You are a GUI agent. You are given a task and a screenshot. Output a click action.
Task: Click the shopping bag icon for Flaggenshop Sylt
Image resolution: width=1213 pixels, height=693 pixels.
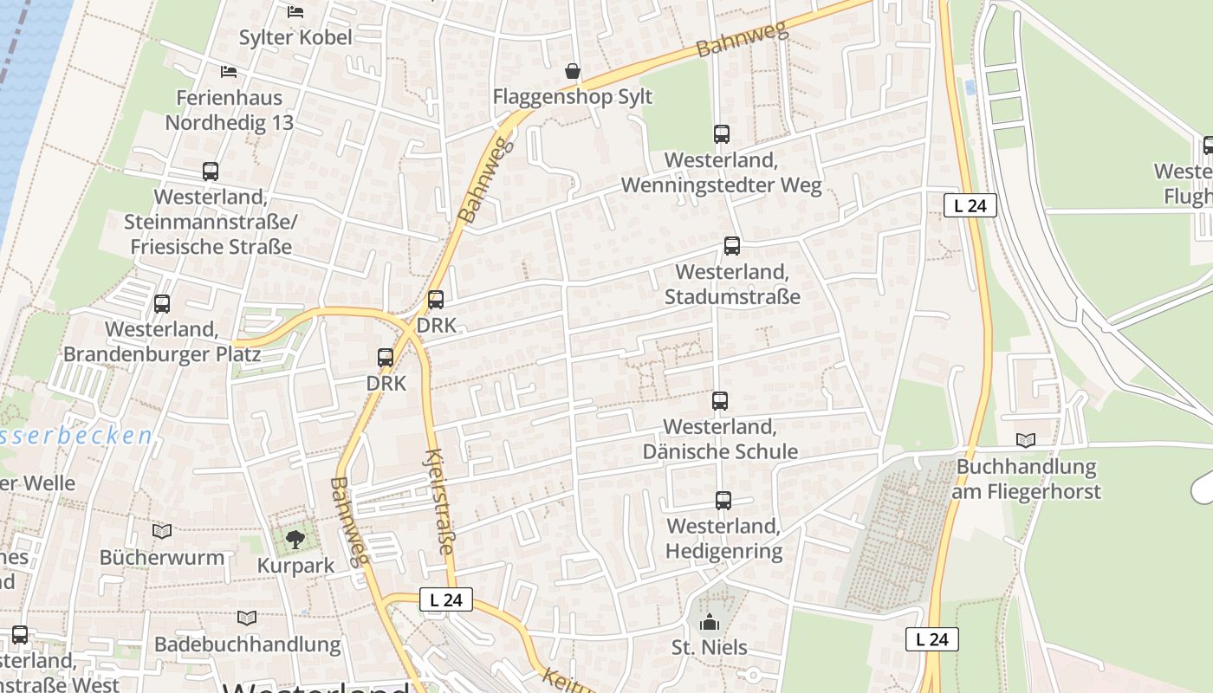click(x=572, y=71)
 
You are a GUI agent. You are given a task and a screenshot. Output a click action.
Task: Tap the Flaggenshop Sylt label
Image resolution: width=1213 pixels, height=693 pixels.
click(x=572, y=96)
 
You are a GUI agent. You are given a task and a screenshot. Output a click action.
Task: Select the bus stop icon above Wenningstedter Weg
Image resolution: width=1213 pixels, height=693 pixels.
click(x=722, y=134)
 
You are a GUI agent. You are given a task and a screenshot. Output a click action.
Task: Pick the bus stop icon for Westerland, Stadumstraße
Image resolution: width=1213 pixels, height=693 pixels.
click(x=732, y=246)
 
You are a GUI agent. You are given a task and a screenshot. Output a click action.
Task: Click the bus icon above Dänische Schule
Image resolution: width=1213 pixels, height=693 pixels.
click(x=720, y=401)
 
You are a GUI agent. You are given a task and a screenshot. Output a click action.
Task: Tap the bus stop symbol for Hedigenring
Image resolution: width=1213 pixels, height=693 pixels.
click(x=723, y=501)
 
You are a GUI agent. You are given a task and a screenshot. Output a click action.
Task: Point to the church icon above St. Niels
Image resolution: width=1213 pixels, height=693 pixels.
click(x=710, y=622)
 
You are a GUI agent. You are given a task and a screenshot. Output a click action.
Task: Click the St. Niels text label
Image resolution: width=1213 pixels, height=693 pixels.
click(x=710, y=647)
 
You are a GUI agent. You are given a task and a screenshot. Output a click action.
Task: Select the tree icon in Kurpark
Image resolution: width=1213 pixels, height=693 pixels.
click(x=295, y=540)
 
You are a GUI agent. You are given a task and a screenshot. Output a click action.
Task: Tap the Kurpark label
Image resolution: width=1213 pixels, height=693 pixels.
click(x=295, y=566)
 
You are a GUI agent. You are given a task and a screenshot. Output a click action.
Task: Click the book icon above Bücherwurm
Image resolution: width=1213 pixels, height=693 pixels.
click(x=162, y=531)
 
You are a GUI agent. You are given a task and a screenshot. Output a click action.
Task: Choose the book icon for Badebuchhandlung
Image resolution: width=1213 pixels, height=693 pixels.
click(x=247, y=618)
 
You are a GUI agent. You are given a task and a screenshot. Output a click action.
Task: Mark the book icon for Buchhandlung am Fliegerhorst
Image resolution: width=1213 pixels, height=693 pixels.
click(x=1026, y=440)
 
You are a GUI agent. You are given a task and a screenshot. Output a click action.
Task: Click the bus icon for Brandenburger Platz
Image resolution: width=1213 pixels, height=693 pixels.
click(x=162, y=304)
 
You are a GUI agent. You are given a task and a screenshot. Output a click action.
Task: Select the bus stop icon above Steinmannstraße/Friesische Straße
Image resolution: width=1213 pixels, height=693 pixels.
click(x=211, y=172)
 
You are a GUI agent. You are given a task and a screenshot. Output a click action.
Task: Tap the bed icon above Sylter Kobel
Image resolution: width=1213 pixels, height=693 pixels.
click(x=295, y=12)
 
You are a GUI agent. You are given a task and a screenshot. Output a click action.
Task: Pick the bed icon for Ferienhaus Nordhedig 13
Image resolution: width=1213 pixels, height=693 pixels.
click(x=229, y=71)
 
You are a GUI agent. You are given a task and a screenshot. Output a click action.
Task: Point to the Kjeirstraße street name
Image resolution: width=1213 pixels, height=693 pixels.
click(x=441, y=502)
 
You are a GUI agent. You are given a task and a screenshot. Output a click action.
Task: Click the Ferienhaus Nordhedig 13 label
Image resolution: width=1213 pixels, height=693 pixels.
click(x=230, y=110)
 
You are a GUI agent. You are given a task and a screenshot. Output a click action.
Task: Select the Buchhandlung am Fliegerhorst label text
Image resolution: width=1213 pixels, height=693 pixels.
click(x=1026, y=479)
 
